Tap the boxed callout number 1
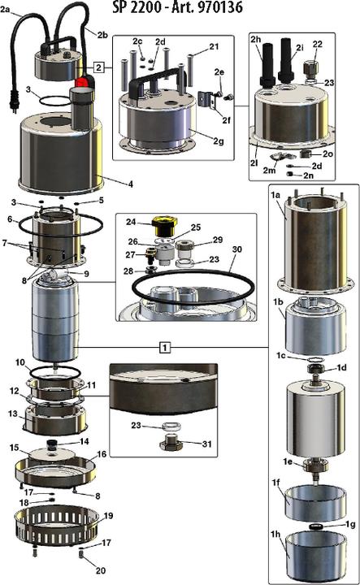pyautogui.click(x=165, y=345)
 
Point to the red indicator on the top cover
pyautogui.click(x=81, y=81)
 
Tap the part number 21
pyautogui.click(x=213, y=48)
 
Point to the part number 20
pyautogui.click(x=98, y=570)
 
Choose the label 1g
pyautogui.click(x=349, y=525)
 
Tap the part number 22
pyautogui.click(x=317, y=44)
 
